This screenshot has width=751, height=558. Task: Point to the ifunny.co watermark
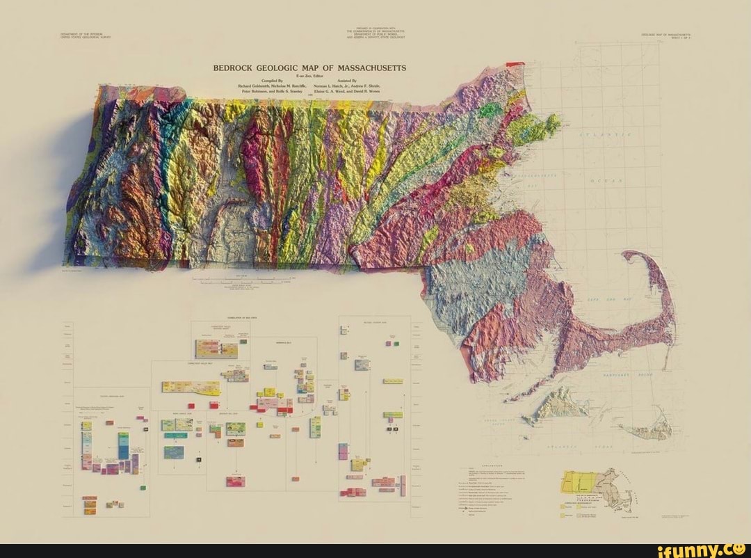click(702, 550)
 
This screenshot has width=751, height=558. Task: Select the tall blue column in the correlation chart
click(122, 445)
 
